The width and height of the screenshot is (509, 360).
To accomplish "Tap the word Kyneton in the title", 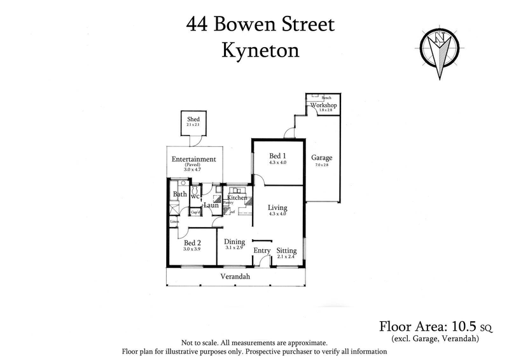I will click(260, 51).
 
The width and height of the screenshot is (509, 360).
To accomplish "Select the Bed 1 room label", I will click(278, 156).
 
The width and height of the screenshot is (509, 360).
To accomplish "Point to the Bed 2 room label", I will click(192, 242).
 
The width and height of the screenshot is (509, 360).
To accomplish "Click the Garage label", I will click(321, 158).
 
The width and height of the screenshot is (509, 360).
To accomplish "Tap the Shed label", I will click(193, 119).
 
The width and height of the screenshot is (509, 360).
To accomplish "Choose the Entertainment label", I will click(194, 159).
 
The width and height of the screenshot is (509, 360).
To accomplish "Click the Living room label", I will click(277, 207).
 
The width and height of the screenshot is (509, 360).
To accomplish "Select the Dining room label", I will click(235, 241).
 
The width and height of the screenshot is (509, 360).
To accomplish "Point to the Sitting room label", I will click(287, 251).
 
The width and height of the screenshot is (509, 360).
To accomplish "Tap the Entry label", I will click(262, 251).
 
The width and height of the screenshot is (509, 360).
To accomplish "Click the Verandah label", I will click(235, 277).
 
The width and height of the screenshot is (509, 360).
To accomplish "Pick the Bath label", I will click(180, 194).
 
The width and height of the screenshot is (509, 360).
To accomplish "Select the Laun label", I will click(211, 205).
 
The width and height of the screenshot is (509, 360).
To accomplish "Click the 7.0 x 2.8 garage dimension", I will click(321, 165).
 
